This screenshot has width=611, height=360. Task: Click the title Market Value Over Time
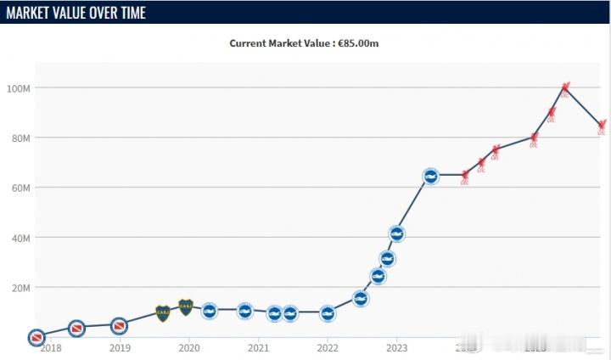pyautogui.click(x=76, y=13)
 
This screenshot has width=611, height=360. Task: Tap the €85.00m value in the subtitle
pyautogui.click(x=364, y=43)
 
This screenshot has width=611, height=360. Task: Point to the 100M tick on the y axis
pyautogui.click(x=20, y=88)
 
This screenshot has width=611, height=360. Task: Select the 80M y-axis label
pyautogui.click(x=20, y=138)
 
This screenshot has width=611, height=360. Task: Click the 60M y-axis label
pyautogui.click(x=20, y=188)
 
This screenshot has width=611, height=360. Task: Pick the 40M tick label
pyautogui.click(x=20, y=238)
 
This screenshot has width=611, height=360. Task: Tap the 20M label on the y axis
pyautogui.click(x=20, y=288)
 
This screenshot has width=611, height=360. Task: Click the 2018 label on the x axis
pyautogui.click(x=51, y=347)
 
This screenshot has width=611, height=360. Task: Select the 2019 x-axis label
pyautogui.click(x=120, y=347)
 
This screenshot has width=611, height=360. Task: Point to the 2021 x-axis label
pyautogui.click(x=258, y=347)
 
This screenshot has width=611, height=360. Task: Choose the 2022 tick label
pyautogui.click(x=328, y=347)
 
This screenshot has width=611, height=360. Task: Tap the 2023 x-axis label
pyautogui.click(x=396, y=347)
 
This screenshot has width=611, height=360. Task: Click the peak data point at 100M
pyautogui.click(x=565, y=88)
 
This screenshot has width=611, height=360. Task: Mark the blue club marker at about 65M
pyautogui.click(x=430, y=176)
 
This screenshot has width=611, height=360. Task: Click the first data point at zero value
pyautogui.click(x=36, y=337)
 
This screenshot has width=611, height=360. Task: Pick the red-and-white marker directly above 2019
pyautogui.click(x=119, y=326)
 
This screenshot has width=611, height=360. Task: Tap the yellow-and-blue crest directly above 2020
pyautogui.click(x=186, y=307)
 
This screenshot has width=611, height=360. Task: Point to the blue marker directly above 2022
pyautogui.click(x=327, y=313)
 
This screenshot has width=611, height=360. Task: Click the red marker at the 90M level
pyautogui.click(x=552, y=113)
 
